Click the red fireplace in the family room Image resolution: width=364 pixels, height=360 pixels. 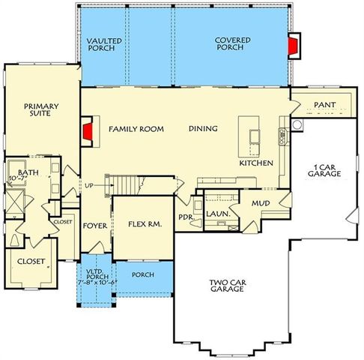point(88,132)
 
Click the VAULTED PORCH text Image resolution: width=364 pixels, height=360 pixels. point(104,44)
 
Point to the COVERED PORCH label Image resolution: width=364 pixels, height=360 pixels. point(232,44)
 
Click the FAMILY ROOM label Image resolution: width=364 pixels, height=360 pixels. point(136,129)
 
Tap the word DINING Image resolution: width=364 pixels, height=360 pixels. point(203,129)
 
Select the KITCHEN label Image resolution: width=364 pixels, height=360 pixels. point(256,163)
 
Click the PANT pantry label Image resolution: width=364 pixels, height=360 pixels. point(324,104)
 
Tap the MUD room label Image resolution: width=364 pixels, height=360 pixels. point(260,202)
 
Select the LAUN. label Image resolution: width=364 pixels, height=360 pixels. point(217,213)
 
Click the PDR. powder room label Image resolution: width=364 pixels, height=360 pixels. point(186,217)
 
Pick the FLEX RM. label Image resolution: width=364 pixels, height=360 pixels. point(142,223)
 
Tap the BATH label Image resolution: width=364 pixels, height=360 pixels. point(28,172)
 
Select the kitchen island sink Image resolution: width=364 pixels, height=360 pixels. point(253,136)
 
